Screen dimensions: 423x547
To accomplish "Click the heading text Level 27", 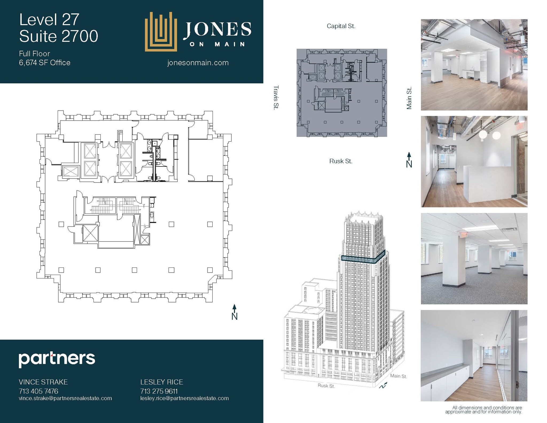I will tap(49, 20).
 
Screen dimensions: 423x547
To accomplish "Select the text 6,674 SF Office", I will tap(45, 63).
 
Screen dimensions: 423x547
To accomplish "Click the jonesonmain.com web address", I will tap(198, 63).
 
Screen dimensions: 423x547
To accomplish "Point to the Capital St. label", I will tap(341, 26).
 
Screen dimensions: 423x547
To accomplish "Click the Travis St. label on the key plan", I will tap(276, 97).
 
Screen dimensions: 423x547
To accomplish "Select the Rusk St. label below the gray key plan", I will tap(341, 161).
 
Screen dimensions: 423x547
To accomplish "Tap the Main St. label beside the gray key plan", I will tap(409, 98).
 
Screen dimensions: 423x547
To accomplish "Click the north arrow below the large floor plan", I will tap(234, 312).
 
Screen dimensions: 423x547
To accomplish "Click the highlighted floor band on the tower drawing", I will tap(363, 259).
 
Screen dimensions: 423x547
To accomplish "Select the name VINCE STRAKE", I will tap(43, 382).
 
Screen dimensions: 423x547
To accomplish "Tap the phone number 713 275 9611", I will tap(159, 391).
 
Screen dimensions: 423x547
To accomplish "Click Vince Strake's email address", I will tap(65, 398).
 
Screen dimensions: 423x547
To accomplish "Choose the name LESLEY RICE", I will tap(162, 382).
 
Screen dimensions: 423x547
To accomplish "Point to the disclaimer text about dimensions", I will tap(483, 410).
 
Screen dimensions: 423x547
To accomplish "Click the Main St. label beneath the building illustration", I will tap(398, 376).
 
